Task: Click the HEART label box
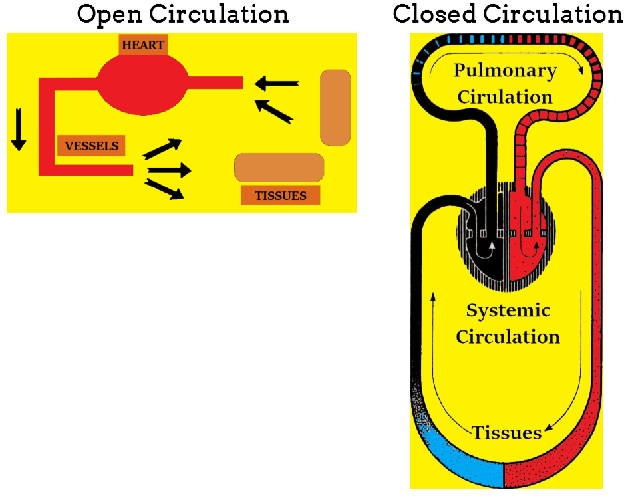point(142,45)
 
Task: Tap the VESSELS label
point(92,146)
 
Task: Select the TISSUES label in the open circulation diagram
point(280,195)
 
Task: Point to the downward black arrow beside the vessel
point(19,128)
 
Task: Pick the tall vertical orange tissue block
point(335,107)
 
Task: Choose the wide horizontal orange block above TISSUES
point(279,167)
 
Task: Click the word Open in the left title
point(106,14)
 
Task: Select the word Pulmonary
point(505,70)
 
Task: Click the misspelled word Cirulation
point(505,96)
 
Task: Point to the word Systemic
point(508,310)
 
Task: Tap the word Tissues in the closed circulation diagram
point(507,433)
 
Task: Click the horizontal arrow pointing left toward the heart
point(277,84)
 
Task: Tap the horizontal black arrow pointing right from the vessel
point(169,170)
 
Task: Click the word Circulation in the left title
point(224,14)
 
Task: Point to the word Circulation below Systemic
point(508,336)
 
